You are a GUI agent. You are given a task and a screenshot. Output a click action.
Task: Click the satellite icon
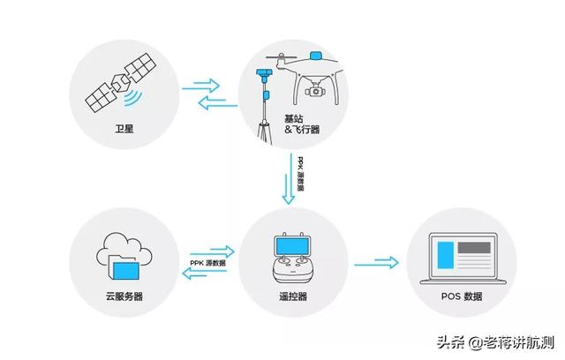(114, 82)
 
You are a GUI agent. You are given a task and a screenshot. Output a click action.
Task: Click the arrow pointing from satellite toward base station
(202, 86)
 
